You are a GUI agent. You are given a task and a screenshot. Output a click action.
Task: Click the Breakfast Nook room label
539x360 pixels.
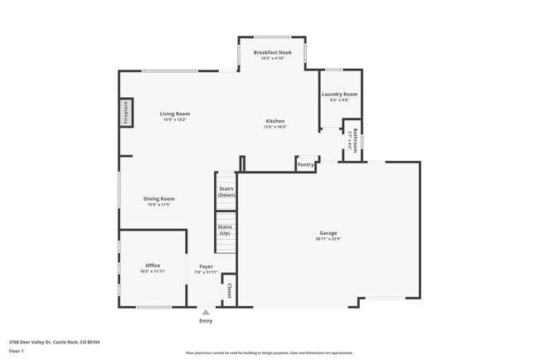coord(272,52)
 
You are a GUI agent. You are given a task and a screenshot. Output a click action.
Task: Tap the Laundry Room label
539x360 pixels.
coord(339,95)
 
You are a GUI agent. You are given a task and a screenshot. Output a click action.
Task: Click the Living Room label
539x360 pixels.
coord(175,114)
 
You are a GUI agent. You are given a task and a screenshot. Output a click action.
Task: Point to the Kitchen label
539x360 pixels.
coord(274,121)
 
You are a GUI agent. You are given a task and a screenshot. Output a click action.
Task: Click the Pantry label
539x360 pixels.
coord(306,164)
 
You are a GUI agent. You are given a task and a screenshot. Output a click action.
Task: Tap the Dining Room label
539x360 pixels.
coord(158,199)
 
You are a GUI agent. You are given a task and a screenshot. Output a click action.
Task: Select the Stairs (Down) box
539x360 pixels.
coord(226,192)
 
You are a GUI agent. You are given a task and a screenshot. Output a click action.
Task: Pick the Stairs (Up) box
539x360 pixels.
coord(225,230)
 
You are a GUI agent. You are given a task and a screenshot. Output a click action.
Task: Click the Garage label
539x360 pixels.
coord(328,233)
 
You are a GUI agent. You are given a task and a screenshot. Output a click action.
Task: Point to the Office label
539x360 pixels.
coord(153,265)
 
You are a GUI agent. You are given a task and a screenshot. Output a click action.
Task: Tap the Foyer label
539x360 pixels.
coord(206,266)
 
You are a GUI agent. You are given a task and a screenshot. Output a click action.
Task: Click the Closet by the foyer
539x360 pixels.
coord(228,290)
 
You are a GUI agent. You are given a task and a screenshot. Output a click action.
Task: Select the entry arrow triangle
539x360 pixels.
coord(206,312)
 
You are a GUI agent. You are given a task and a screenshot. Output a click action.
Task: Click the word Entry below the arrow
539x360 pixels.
coord(206,321)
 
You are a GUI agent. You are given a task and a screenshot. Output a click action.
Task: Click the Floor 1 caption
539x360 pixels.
coord(16,351)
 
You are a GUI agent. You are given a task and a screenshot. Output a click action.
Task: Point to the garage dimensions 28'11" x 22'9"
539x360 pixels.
coord(328,239)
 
